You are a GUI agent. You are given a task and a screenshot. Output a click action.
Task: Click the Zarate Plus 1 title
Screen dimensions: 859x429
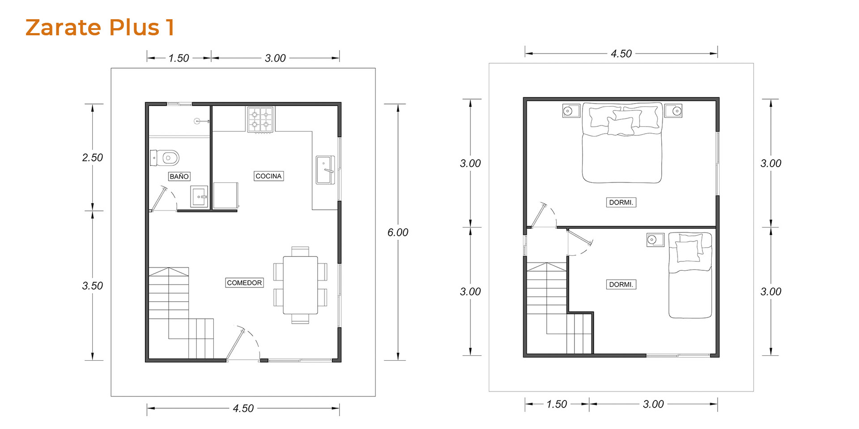pyautogui.click(x=99, y=27)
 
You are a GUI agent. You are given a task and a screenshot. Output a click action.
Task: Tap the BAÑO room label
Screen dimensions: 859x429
pyautogui.click(x=179, y=177)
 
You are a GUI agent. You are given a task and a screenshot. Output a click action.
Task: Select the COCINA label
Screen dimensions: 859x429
pyautogui.click(x=268, y=176)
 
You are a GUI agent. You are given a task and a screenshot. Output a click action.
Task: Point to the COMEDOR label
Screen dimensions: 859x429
pyautogui.click(x=244, y=283)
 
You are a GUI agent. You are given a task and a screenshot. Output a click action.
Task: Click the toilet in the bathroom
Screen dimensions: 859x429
pyautogui.click(x=165, y=158)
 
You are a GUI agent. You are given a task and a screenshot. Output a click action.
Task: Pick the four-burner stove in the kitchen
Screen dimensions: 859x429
pyautogui.click(x=260, y=120)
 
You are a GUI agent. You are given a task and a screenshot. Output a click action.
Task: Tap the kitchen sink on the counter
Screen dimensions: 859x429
pyautogui.click(x=325, y=170)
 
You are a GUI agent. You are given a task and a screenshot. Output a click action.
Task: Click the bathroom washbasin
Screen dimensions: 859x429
pyautogui.click(x=199, y=197)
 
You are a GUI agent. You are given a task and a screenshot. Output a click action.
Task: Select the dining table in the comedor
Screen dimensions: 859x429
pyautogui.click(x=300, y=285)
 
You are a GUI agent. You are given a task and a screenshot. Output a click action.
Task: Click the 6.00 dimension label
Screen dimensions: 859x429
pyautogui.click(x=398, y=232)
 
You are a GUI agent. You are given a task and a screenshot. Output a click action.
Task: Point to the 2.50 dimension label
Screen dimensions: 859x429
pyautogui.click(x=93, y=158)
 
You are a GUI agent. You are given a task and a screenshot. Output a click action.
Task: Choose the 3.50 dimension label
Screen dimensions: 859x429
pyautogui.click(x=93, y=286)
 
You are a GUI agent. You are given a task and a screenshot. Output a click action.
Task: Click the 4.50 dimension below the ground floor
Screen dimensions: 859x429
pyautogui.click(x=243, y=408)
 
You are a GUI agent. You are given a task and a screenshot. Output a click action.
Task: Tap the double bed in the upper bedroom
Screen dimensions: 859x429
pyautogui.click(x=622, y=143)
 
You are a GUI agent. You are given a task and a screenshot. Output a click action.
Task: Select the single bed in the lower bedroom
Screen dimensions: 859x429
pyautogui.click(x=690, y=275)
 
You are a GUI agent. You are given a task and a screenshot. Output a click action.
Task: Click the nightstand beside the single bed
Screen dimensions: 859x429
pyautogui.click(x=655, y=240)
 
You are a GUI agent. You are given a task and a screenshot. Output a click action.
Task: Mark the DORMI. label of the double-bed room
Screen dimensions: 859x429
pyautogui.click(x=621, y=202)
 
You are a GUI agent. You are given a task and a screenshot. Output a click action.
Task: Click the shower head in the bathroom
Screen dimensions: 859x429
pyautogui.click(x=198, y=121)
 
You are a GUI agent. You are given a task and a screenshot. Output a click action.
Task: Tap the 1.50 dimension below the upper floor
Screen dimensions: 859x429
pyautogui.click(x=557, y=404)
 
